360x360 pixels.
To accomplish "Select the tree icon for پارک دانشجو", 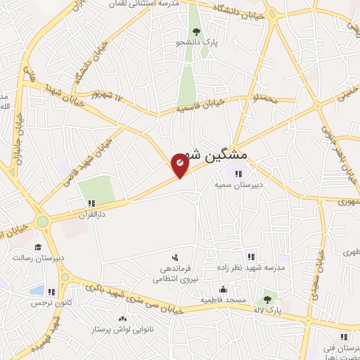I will tap(195, 32).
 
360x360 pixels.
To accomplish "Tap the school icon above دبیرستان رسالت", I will tap(37, 247).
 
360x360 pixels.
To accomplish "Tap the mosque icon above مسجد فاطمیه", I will tap(223, 289).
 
